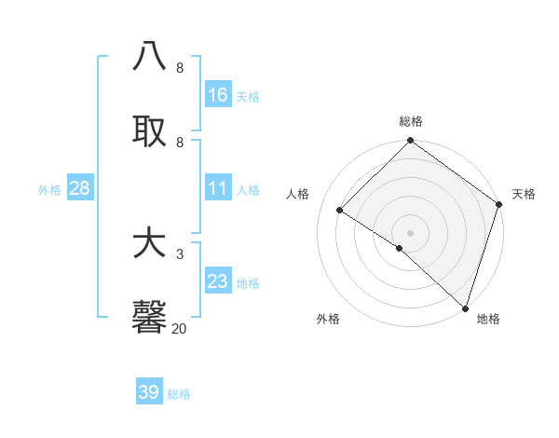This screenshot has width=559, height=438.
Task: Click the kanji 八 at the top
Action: click(150, 56)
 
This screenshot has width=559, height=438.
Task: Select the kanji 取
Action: click(150, 130)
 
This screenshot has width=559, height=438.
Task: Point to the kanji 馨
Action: click(150, 317)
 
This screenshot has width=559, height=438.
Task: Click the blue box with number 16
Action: click(218, 94)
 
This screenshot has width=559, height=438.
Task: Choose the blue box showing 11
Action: click(218, 188)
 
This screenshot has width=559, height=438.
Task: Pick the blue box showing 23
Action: click(218, 281)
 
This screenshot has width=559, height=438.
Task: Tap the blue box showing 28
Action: click(80, 188)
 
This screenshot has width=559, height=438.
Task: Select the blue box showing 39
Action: click(149, 392)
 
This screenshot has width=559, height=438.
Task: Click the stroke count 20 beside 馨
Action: click(179, 328)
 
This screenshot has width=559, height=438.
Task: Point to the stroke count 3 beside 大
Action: click(179, 253)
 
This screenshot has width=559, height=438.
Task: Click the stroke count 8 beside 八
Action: click(179, 68)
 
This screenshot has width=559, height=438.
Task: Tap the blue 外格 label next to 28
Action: click(49, 190)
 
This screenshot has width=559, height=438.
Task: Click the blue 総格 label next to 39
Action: click(179, 394)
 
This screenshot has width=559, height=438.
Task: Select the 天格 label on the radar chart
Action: click(524, 195)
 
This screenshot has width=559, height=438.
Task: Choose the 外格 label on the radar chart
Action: click(328, 319)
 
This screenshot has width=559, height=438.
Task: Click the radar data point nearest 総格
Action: click(410, 141)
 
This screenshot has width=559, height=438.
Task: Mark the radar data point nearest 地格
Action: click(465, 308)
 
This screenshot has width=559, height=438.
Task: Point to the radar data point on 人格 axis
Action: click(340, 211)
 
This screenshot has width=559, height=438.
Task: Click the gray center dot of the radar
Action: click(410, 233)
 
